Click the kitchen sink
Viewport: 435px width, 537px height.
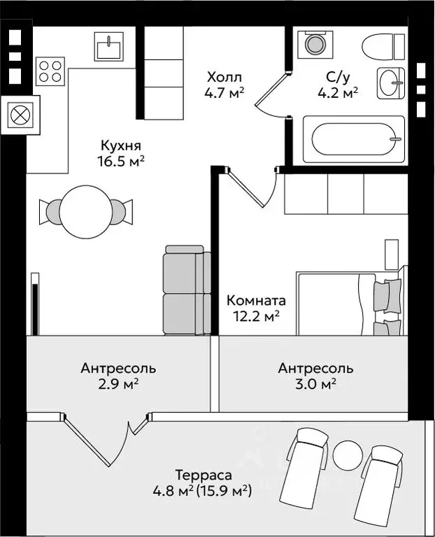coord(109,46)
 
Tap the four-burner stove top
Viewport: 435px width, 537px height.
coord(50,71)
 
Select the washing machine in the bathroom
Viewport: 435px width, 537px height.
coord(315,44)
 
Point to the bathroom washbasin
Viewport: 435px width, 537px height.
coord(391,83)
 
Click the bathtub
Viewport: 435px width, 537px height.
coord(354,139)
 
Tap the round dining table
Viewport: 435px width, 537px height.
coord(85,212)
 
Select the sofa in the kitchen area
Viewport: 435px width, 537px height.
coord(187,289)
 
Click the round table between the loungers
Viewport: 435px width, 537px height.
coord(348,454)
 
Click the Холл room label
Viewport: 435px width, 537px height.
coord(224,77)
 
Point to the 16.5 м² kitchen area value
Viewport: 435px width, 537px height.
coord(120,161)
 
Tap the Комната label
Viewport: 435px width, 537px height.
coord(256,301)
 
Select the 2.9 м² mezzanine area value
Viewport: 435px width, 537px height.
coord(118,384)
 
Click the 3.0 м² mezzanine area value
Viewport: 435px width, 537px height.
coord(315,384)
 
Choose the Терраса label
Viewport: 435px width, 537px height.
coord(204,475)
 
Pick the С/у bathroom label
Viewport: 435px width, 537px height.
coord(338,78)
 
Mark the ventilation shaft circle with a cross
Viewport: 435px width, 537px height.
coord(20,115)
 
